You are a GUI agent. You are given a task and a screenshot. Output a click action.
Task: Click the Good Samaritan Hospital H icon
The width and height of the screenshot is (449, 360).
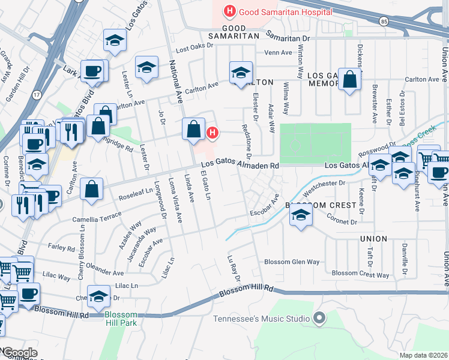pos(228,11)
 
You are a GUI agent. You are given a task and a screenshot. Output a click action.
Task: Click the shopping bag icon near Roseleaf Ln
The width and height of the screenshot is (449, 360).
pos(91,189)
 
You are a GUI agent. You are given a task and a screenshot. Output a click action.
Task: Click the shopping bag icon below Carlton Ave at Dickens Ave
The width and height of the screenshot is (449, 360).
pos(349,80)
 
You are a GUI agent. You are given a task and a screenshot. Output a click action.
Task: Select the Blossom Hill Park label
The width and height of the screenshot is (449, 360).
pos(121,319)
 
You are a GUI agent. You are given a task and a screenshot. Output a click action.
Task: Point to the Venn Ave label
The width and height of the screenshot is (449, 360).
pos(277,52)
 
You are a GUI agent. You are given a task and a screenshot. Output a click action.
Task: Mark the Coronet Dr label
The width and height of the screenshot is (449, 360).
pos(342,221)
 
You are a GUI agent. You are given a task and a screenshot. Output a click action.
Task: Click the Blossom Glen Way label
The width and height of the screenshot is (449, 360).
pos(292,262)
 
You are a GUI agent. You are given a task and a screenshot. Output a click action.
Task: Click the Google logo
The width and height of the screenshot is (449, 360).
pos(20,353)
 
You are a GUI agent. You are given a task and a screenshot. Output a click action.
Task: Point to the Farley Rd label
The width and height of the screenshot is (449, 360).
pos(62,248)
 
